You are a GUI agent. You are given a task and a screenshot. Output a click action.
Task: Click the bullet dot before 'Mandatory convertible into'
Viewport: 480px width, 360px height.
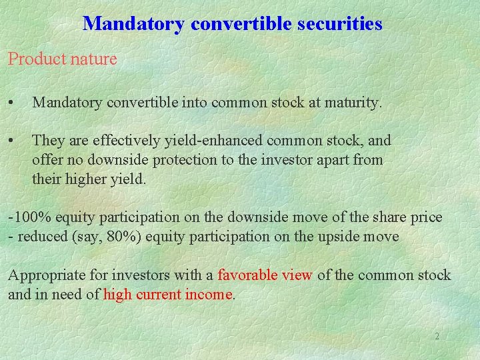[x=11, y=103]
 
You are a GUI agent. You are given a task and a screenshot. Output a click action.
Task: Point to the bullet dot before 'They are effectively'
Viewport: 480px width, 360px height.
[x=11, y=141]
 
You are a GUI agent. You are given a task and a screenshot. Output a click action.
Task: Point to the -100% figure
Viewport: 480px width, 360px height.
[x=30, y=217]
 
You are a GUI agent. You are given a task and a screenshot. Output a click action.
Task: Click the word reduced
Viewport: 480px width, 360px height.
[x=39, y=237]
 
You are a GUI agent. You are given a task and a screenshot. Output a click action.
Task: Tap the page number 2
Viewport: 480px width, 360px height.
[x=437, y=337]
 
